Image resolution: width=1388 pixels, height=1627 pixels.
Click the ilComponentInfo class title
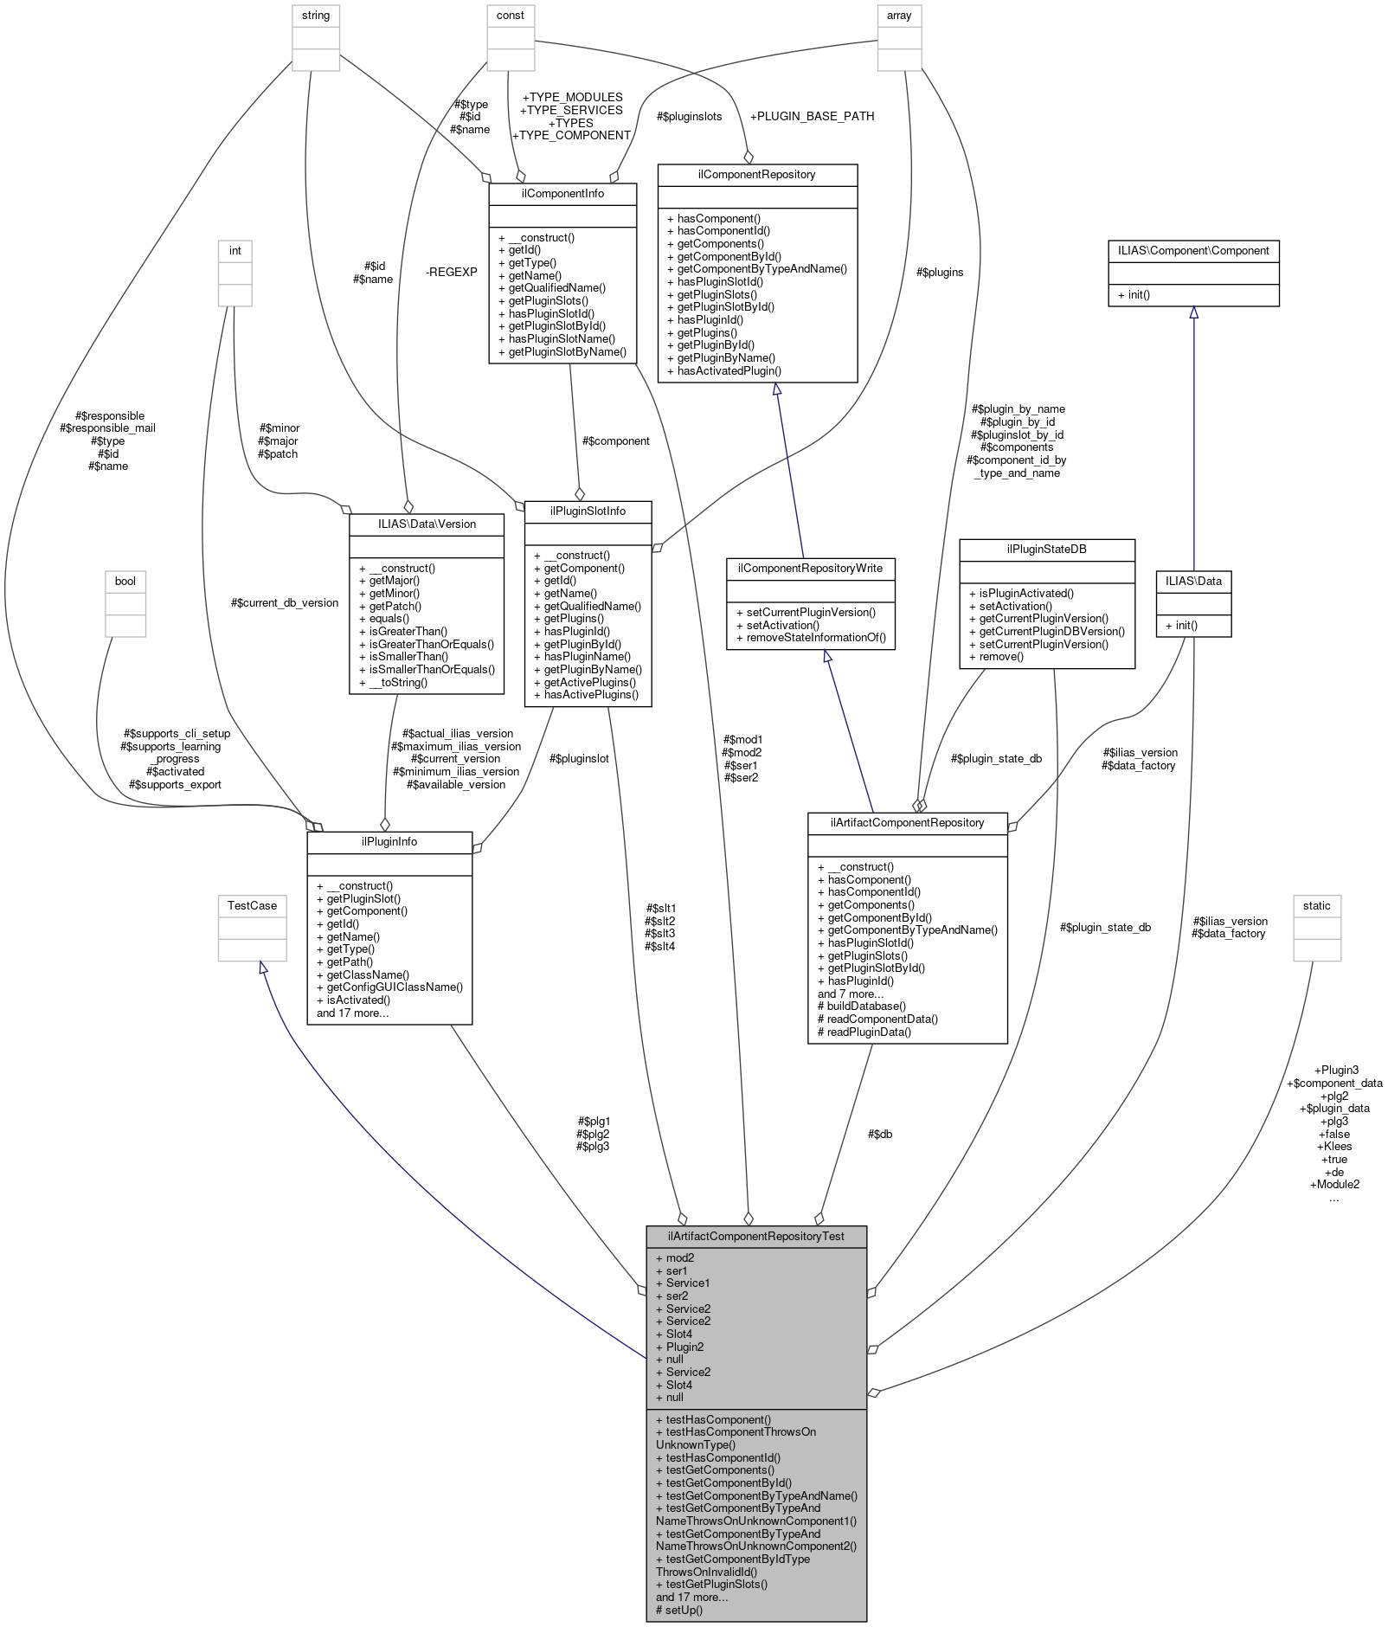pos(562,193)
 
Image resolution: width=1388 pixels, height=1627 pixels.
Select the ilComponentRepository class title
pos(757,174)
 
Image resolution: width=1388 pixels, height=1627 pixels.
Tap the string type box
pos(316,16)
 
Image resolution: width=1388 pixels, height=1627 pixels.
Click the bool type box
pos(125,581)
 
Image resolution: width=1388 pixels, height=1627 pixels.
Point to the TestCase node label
pos(252,905)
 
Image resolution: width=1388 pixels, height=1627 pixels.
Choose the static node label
pos(1316,905)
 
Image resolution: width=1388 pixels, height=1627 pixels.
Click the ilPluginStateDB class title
pos(1046,549)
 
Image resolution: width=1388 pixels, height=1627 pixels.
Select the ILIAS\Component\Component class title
pos(1192,250)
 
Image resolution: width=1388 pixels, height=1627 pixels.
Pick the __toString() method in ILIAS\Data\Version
pos(393,682)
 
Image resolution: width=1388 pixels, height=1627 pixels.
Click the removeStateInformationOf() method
pos(811,638)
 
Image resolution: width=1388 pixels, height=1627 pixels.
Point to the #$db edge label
pos(879,1134)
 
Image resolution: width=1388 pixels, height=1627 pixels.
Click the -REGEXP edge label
pos(452,272)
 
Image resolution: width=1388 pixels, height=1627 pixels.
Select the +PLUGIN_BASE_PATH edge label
pos(812,116)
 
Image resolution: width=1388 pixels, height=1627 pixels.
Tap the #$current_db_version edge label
pos(285,602)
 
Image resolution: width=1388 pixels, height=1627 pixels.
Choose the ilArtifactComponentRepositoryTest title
pos(755,1236)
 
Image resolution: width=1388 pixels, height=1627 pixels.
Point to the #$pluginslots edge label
pos(689,116)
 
